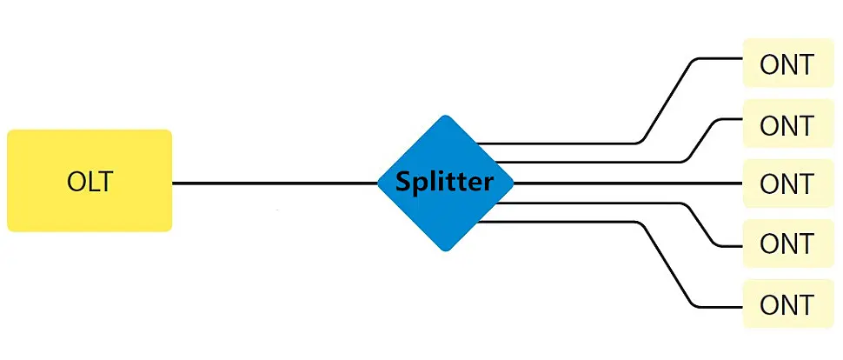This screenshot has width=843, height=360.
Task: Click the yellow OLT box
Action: click(90, 181)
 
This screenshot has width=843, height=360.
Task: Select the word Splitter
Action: click(445, 183)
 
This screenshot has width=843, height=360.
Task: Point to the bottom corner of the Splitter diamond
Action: click(446, 249)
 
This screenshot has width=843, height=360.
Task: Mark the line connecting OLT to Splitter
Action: click(274, 183)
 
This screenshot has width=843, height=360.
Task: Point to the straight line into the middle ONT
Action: click(626, 183)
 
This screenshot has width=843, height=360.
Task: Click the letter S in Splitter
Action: click(403, 183)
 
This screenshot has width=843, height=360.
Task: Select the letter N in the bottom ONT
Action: click(787, 304)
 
